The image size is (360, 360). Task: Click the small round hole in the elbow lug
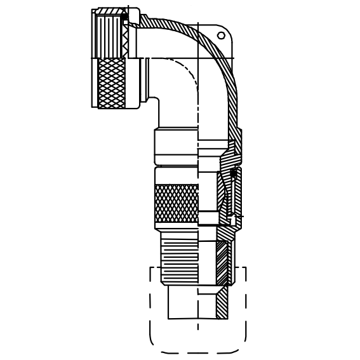[x=221, y=36]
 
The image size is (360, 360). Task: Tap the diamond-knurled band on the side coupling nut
[x=112, y=83]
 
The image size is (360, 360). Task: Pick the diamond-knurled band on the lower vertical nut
[x=176, y=203]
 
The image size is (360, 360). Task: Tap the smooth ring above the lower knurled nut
[x=176, y=147]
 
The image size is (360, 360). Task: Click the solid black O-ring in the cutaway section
[x=234, y=172]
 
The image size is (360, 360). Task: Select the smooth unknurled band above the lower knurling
[x=176, y=175]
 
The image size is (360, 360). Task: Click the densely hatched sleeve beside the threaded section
[x=222, y=260]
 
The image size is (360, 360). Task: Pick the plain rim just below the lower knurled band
[x=176, y=227]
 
